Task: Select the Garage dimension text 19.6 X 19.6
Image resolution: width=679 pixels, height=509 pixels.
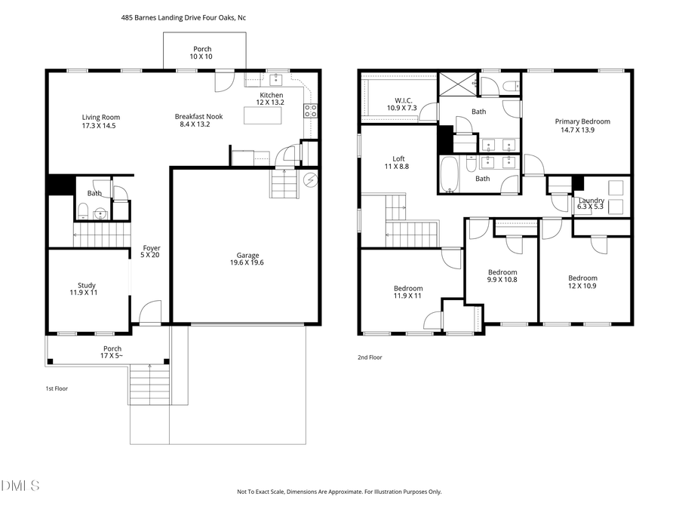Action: coord(247,263)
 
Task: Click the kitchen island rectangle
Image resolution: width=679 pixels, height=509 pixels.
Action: coord(263,115)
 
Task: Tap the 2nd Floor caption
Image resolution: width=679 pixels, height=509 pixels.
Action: coord(370,357)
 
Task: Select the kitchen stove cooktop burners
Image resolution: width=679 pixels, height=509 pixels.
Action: coord(310,112)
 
